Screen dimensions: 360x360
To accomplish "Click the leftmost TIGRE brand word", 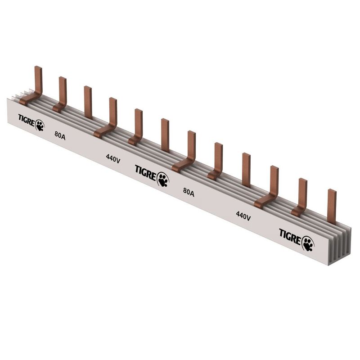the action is pyautogui.click(x=27, y=120).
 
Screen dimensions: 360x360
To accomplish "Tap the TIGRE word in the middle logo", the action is pyautogui.click(x=145, y=173).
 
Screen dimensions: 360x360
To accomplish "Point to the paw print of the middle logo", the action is pyautogui.click(x=163, y=180).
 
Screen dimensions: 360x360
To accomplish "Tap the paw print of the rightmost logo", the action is pyautogui.click(x=308, y=243).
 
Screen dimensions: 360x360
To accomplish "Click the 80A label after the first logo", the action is pyautogui.click(x=60, y=135).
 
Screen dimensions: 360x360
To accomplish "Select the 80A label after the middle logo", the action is pyautogui.click(x=189, y=192).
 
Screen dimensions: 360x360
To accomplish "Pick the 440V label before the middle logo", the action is pyautogui.click(x=113, y=158).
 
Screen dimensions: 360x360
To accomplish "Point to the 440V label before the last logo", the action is pyautogui.click(x=243, y=216).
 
